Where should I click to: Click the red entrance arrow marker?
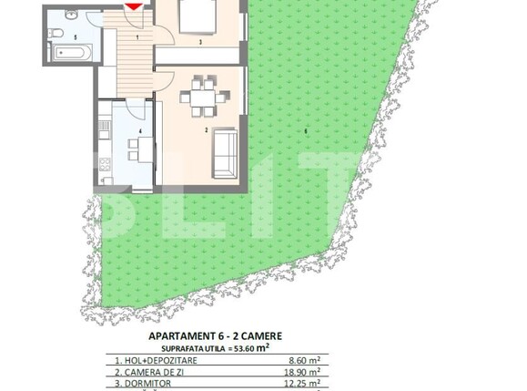click(x=133, y=5)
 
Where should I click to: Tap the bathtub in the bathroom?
click(x=68, y=54)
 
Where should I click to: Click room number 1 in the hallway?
click(x=137, y=37)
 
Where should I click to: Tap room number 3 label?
click(x=201, y=42)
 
